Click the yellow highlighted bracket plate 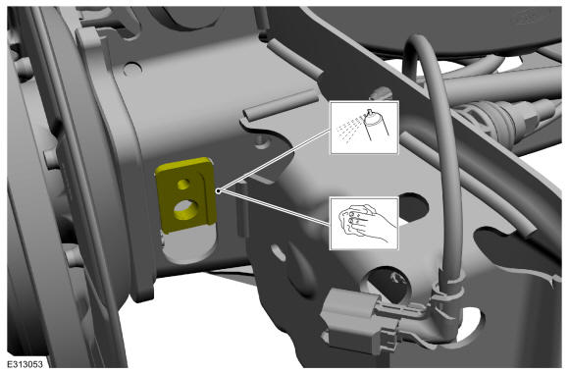point(185,195)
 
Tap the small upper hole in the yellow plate point(183,185)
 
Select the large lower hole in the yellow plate point(185,210)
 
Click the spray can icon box point(364,128)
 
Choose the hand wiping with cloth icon point(364,223)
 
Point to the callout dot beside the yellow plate point(218,190)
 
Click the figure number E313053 point(26,364)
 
